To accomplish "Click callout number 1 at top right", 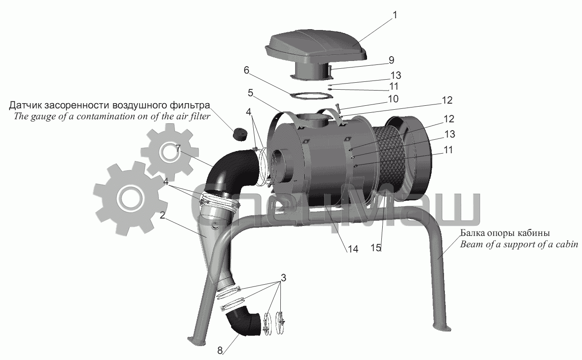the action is pyautogui.click(x=395, y=15).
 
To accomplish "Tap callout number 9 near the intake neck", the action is pyautogui.click(x=391, y=60).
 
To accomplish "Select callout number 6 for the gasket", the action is pyautogui.click(x=246, y=70).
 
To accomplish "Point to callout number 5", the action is pyautogui.click(x=250, y=93).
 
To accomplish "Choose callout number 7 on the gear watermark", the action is pyautogui.click(x=178, y=149).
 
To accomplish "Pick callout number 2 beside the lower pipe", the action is pyautogui.click(x=162, y=215).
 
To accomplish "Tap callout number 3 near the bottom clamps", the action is pyautogui.click(x=283, y=278).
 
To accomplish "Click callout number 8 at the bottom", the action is pyautogui.click(x=220, y=351).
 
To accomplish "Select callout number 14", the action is pyautogui.click(x=353, y=249).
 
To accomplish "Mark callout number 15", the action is pyautogui.click(x=376, y=248).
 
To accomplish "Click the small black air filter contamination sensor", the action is pyautogui.click(x=239, y=134).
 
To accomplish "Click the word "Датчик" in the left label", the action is pyautogui.click(x=25, y=106).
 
